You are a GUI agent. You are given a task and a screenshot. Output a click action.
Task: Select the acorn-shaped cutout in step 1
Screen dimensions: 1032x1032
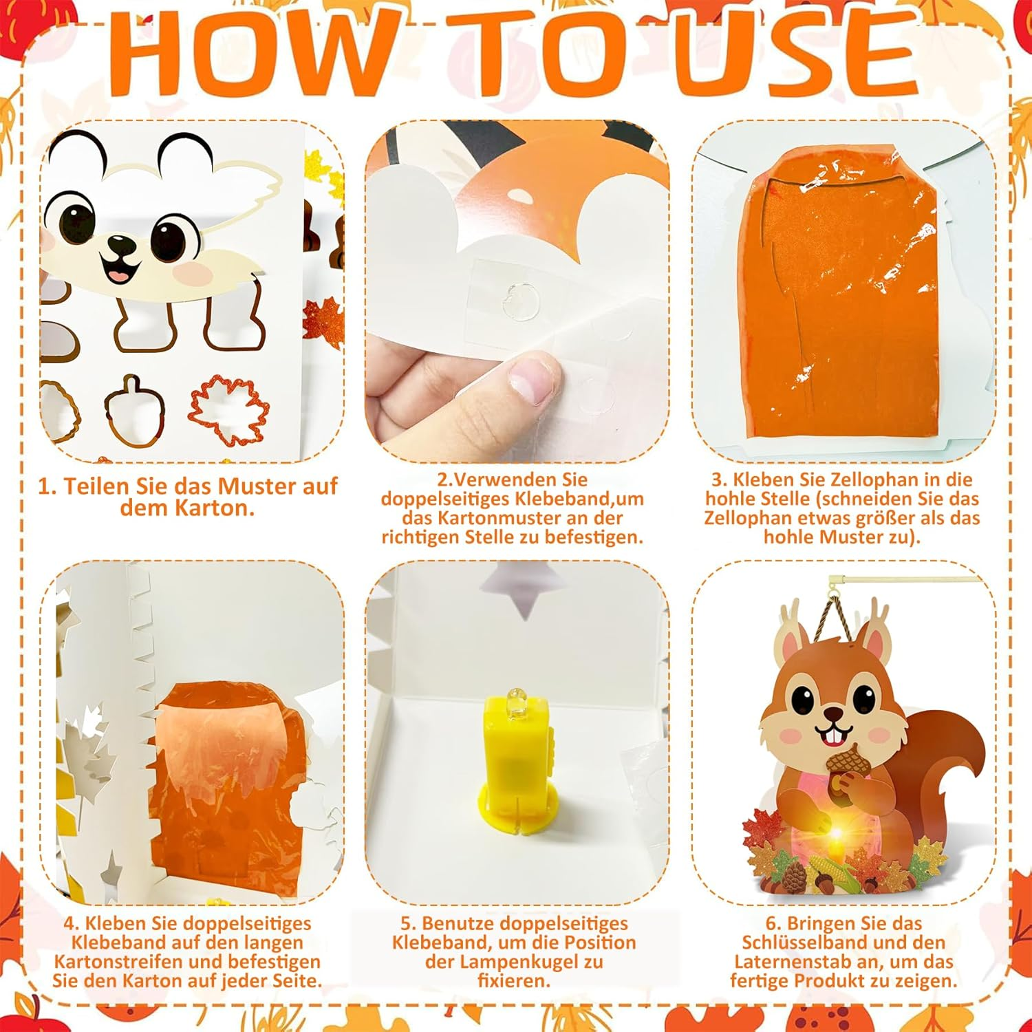point(135,409)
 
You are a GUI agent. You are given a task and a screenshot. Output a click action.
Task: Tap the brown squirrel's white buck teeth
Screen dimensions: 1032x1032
point(835,739)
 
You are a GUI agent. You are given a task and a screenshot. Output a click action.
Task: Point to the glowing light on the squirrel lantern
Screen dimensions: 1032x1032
point(837,833)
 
